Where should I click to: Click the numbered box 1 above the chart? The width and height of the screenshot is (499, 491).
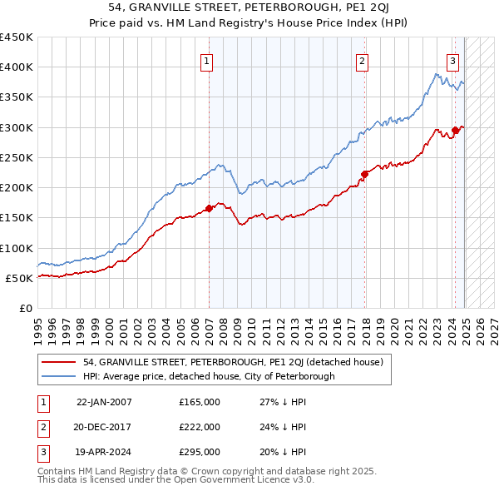(x=205, y=60)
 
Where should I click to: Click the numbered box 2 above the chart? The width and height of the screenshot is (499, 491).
(x=363, y=60)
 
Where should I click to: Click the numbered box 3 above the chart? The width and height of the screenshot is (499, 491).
(x=452, y=60)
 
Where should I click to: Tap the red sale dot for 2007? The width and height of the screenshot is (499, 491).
(x=209, y=209)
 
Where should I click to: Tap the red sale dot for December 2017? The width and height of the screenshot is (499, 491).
(x=364, y=174)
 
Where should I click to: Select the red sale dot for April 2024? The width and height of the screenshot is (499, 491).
(x=455, y=130)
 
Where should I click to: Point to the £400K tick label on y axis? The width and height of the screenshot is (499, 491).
(x=17, y=67)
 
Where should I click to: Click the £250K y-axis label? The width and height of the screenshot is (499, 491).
(x=17, y=157)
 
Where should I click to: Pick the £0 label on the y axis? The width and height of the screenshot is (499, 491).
(x=26, y=308)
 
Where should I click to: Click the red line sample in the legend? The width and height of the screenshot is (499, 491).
(x=59, y=362)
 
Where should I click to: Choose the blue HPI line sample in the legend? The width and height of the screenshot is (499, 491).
(x=59, y=376)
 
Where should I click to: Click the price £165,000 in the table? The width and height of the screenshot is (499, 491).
(x=200, y=402)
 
